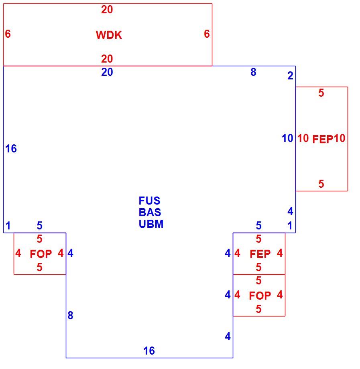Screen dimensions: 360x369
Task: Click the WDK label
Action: click(109, 35)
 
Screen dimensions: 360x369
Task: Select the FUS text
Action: click(150, 201)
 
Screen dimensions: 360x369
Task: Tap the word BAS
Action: click(150, 212)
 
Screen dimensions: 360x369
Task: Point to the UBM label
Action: click(151, 224)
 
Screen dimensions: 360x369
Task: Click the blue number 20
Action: click(107, 72)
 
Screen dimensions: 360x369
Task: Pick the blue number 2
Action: click(290, 75)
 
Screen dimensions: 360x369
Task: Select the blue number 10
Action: click(287, 138)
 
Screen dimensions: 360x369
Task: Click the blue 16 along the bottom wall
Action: click(149, 351)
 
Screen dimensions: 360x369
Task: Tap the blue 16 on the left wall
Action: click(11, 149)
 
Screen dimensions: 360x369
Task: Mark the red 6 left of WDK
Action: click(8, 34)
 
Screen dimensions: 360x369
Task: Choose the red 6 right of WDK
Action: click(207, 34)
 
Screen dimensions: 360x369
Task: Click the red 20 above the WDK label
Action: click(107, 10)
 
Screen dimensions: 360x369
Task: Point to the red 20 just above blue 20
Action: click(107, 59)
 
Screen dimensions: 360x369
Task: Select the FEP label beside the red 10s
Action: click(323, 139)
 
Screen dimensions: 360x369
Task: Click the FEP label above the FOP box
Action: click(260, 254)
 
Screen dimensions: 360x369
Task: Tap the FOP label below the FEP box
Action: click(260, 296)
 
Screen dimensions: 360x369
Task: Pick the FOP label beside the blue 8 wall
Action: click(41, 254)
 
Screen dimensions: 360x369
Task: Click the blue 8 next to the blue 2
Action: click(253, 72)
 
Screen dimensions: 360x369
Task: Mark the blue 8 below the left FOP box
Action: click(70, 315)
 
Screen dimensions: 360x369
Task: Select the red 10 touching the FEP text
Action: click(339, 138)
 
